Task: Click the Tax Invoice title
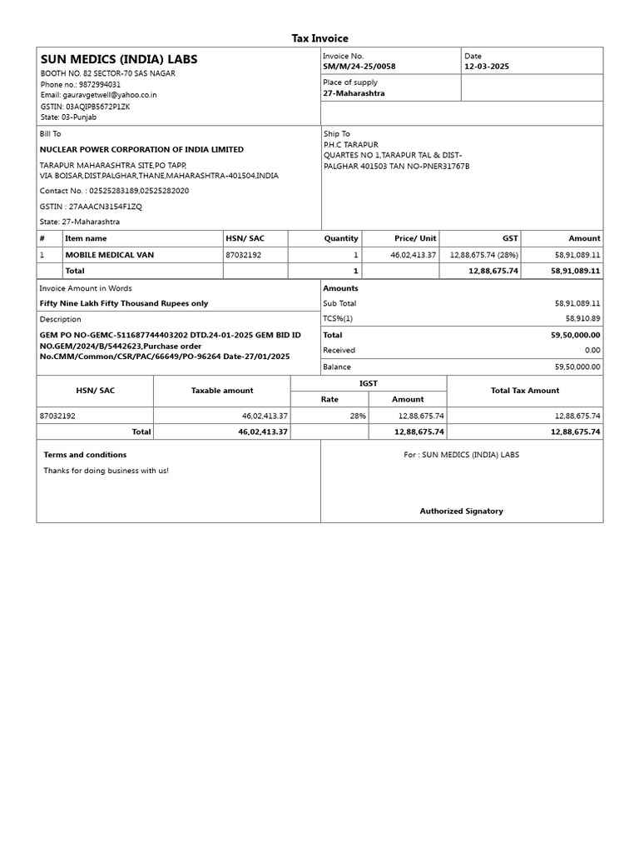click(x=319, y=38)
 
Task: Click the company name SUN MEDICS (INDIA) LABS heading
click(x=119, y=59)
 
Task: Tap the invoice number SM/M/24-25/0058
click(x=359, y=67)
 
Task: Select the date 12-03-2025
click(x=487, y=67)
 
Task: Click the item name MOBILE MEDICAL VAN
click(x=109, y=255)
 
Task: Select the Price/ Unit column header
click(x=415, y=238)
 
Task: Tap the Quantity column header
click(x=341, y=238)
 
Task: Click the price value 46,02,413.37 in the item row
click(x=413, y=255)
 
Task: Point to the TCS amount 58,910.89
click(x=582, y=319)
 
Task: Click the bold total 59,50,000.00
click(x=575, y=335)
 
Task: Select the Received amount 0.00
click(x=592, y=351)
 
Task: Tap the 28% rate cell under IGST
click(x=358, y=416)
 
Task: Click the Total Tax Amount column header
click(x=525, y=391)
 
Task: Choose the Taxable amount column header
click(x=222, y=391)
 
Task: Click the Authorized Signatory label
click(x=461, y=511)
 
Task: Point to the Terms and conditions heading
click(x=85, y=455)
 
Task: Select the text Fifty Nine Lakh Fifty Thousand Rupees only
click(x=124, y=304)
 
